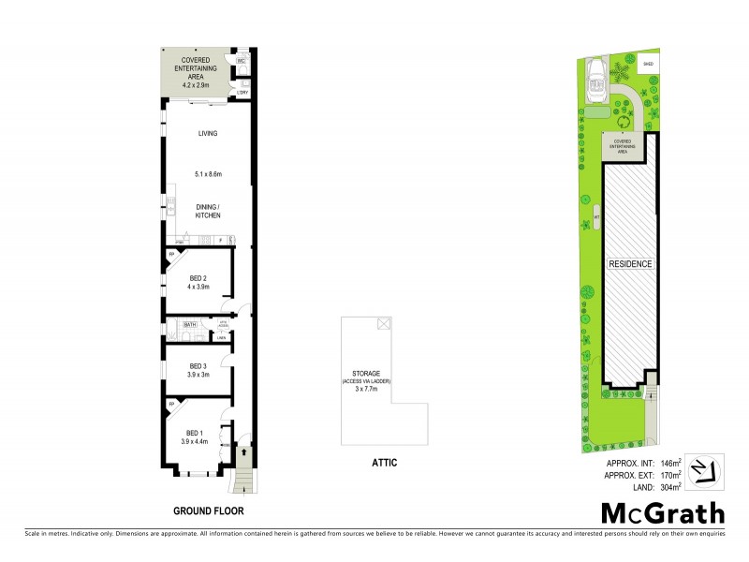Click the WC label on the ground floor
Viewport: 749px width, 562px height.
[241, 59]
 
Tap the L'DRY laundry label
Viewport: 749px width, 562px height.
[242, 92]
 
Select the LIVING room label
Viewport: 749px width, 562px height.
[207, 134]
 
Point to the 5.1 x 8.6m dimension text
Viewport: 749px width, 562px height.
[207, 174]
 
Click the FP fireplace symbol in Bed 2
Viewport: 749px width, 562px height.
[171, 255]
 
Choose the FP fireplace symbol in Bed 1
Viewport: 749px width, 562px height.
[171, 404]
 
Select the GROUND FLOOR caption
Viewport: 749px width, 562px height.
[208, 511]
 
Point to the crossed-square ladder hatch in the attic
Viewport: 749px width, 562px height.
[382, 324]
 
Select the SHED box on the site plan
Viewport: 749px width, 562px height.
[648, 64]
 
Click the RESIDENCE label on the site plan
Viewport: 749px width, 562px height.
[630, 264]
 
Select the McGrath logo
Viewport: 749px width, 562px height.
[662, 512]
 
